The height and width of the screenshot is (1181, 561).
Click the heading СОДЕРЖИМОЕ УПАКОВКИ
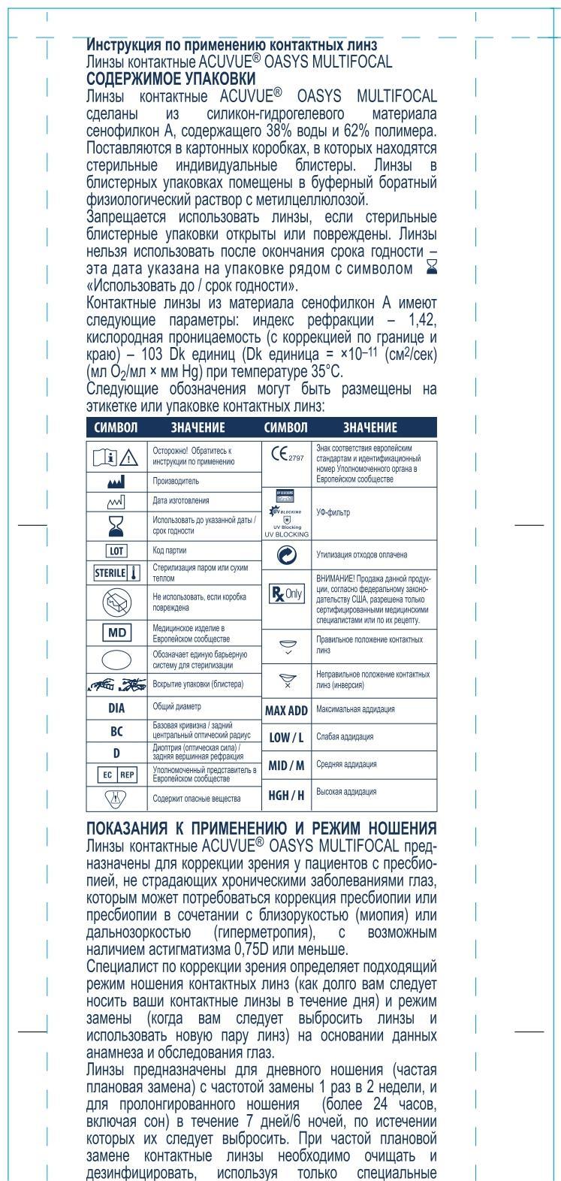coord(171,78)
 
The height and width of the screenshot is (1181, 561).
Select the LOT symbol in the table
coord(116,551)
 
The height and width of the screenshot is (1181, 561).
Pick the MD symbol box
coord(116,632)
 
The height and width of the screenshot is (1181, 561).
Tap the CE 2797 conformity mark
coord(285,456)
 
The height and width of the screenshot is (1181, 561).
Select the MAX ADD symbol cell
coord(287,710)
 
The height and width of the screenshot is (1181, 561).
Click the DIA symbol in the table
coord(116,708)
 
